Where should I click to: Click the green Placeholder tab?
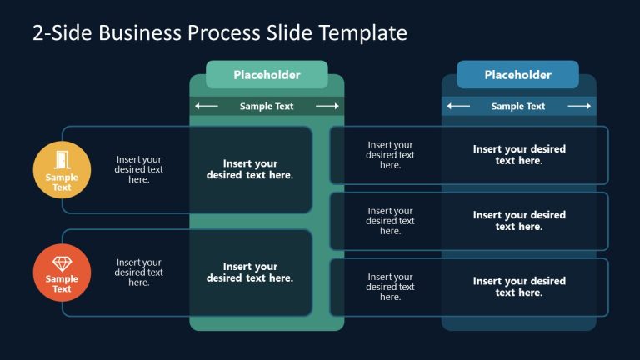267,75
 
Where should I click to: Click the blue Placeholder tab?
517,75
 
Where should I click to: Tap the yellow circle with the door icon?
62,171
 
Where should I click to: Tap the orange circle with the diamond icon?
62,273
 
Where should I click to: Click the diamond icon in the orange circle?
62,263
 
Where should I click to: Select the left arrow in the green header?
206,106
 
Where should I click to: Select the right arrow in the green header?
327,106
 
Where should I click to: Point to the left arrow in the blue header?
457,106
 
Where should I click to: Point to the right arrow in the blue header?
579,106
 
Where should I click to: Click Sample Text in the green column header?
267,106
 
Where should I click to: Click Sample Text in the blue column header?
517,106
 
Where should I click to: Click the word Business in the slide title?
141,32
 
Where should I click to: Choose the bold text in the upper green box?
250,169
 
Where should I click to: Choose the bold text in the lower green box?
250,272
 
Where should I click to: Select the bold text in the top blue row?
519,154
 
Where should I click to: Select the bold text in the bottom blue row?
519,287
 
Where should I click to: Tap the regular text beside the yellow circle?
138,169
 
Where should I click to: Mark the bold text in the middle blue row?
519,221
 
